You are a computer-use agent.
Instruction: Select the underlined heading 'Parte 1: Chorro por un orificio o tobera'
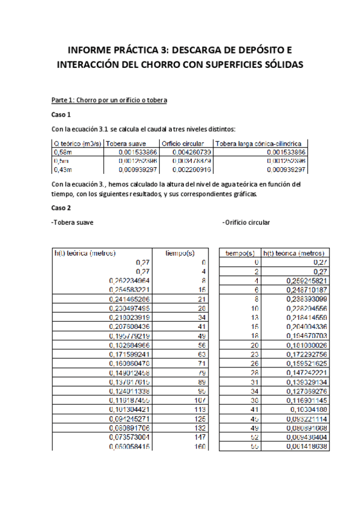[109, 99]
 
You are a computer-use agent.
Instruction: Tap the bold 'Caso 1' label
[61, 114]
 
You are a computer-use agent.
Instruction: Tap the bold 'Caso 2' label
[61, 207]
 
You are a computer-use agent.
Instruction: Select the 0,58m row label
[61, 153]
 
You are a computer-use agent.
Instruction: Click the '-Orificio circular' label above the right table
[246, 223]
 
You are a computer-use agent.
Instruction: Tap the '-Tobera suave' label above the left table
[72, 223]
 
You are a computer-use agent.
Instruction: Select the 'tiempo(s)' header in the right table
[241, 254]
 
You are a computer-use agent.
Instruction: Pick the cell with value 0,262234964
[129, 280]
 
